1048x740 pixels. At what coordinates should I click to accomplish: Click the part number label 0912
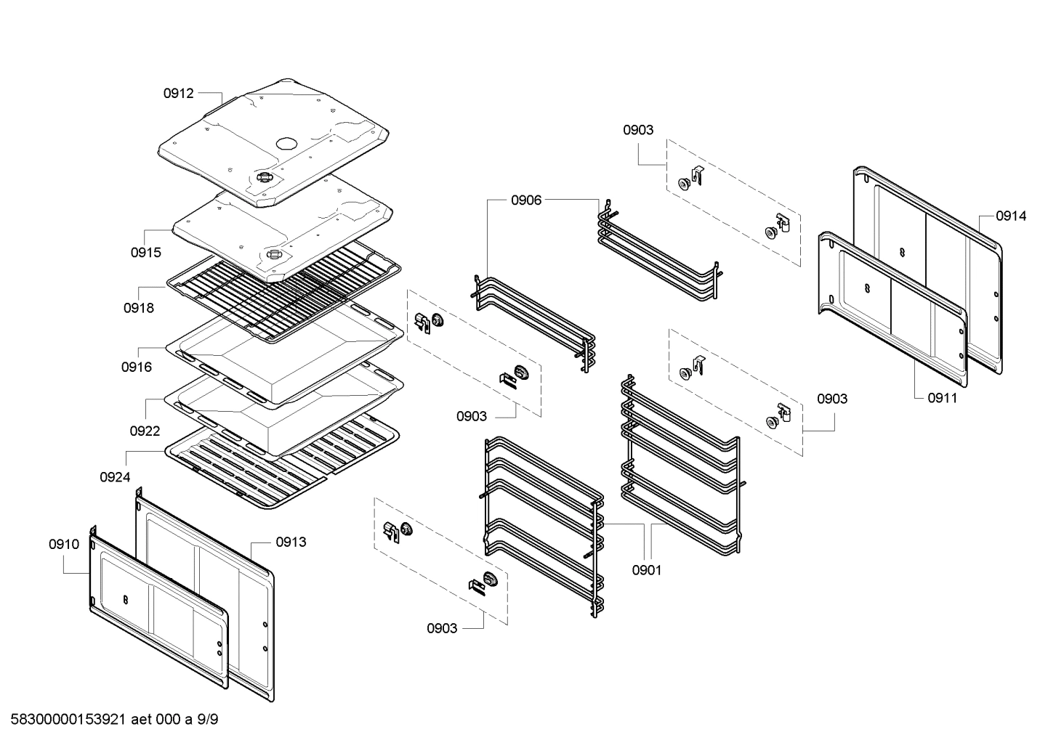click(178, 93)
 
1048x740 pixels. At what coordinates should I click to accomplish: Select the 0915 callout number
click(146, 253)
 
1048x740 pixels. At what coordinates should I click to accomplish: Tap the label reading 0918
click(138, 307)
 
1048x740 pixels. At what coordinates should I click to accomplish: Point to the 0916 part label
click(137, 367)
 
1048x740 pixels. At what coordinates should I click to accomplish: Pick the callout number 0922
click(145, 431)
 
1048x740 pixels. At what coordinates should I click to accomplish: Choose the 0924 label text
click(115, 477)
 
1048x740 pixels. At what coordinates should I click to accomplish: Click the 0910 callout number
click(64, 544)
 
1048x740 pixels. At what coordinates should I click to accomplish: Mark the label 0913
click(291, 542)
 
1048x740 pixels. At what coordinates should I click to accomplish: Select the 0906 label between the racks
click(526, 200)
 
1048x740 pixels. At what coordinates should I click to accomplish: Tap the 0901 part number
click(646, 570)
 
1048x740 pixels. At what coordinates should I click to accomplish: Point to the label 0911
click(943, 398)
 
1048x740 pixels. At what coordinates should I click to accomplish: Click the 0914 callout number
click(1011, 216)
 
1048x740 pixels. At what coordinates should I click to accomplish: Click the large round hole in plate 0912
click(286, 143)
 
